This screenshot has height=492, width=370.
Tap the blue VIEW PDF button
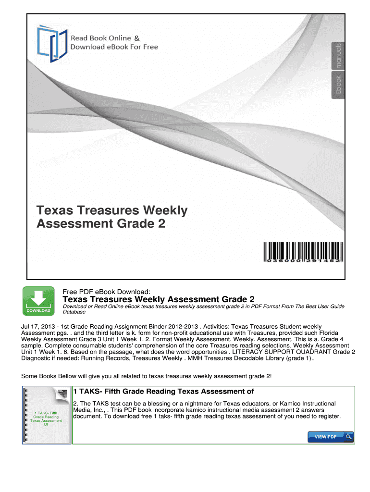click(331, 437)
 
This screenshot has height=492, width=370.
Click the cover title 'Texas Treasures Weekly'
click(112, 210)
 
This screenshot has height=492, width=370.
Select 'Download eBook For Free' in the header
click(114, 47)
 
